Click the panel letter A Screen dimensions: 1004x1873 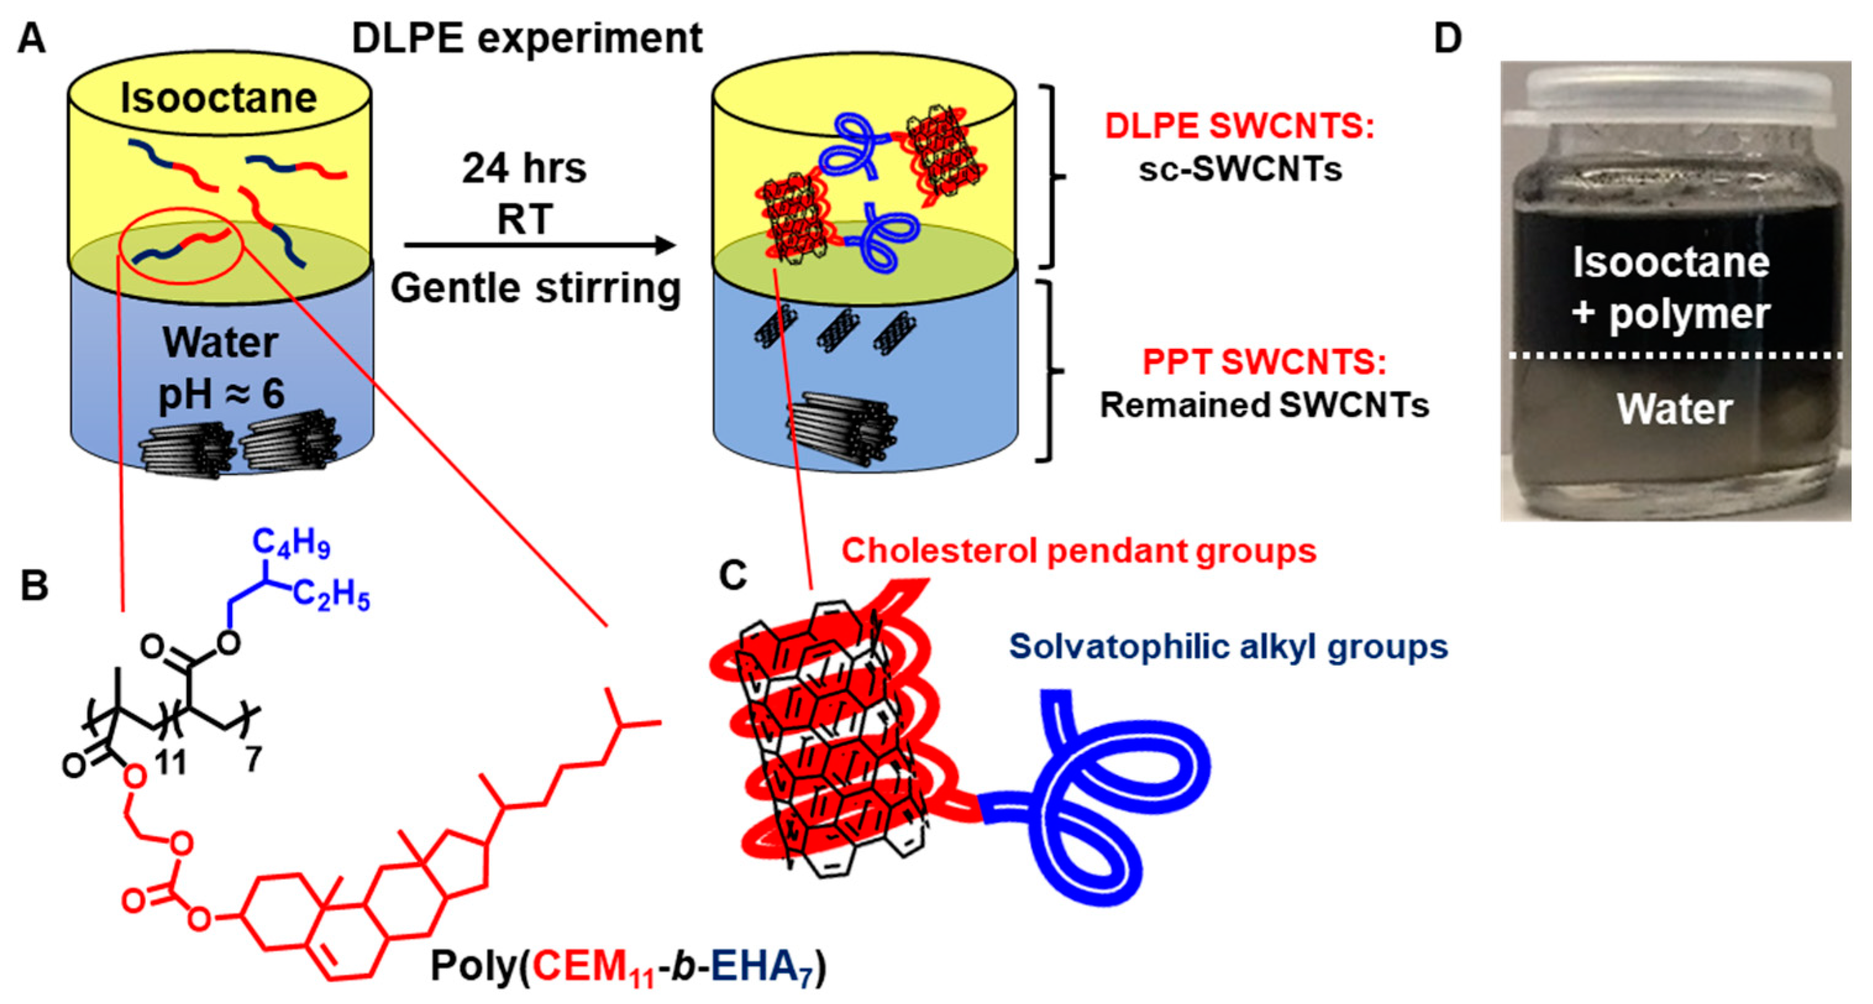click(31, 38)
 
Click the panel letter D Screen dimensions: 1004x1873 click(1447, 38)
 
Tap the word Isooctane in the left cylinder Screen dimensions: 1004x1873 click(219, 98)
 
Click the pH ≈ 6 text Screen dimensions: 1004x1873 click(222, 395)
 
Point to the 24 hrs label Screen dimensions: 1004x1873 click(524, 169)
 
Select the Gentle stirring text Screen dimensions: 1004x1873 click(536, 288)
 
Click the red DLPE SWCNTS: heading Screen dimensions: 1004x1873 click(1239, 127)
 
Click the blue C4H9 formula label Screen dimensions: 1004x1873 click(291, 543)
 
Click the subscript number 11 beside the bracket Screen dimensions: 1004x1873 click(171, 763)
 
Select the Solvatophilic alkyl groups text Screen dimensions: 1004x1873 click(1228, 647)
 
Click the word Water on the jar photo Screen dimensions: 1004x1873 click(1675, 409)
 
